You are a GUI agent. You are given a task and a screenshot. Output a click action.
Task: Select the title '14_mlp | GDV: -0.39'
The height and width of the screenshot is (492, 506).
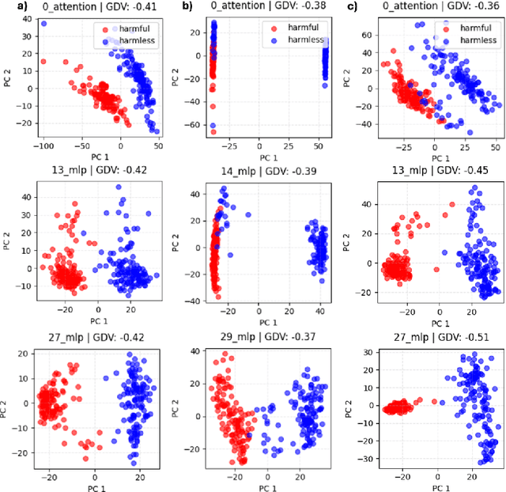point(260,173)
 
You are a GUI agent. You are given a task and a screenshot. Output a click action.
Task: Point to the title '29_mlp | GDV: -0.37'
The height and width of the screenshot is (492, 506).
point(260,335)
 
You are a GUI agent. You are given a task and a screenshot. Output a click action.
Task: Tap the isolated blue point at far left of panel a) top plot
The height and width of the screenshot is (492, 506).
point(44,24)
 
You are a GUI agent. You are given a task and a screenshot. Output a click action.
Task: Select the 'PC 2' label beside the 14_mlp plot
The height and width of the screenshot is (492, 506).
point(180,245)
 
